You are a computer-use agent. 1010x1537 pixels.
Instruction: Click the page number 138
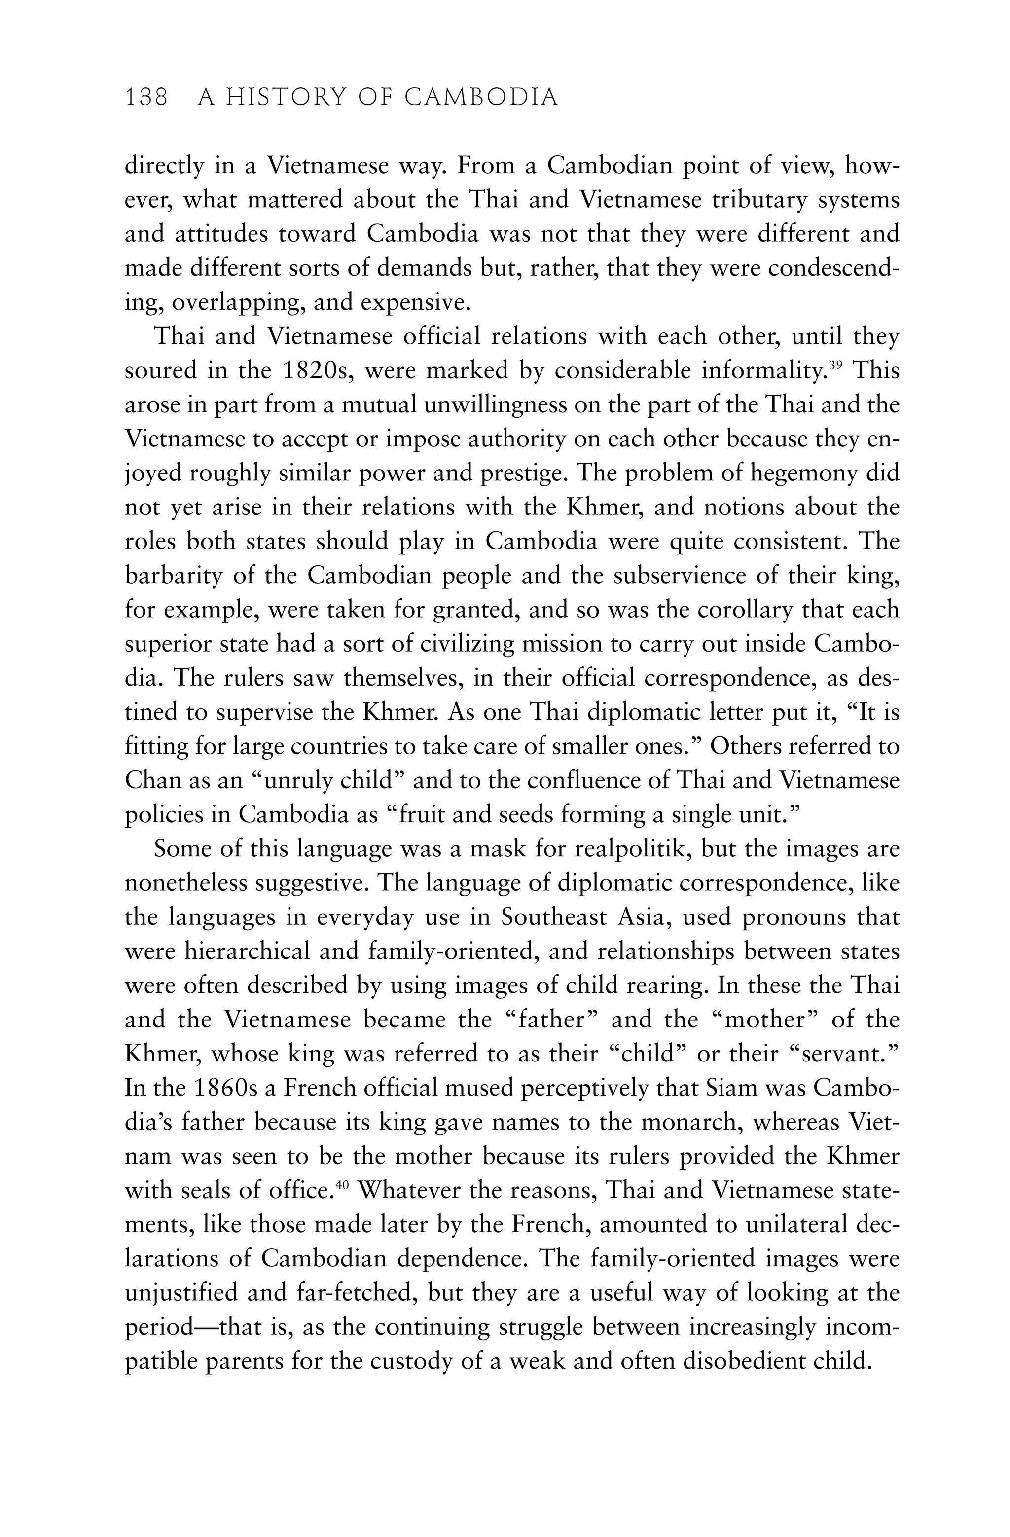click(x=146, y=98)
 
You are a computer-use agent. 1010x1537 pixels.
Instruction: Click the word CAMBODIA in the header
click(x=481, y=98)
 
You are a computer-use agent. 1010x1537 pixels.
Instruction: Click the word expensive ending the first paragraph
click(x=415, y=303)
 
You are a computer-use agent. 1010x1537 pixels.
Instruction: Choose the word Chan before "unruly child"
click(x=155, y=780)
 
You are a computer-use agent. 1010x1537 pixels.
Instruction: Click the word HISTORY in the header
click(x=288, y=98)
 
